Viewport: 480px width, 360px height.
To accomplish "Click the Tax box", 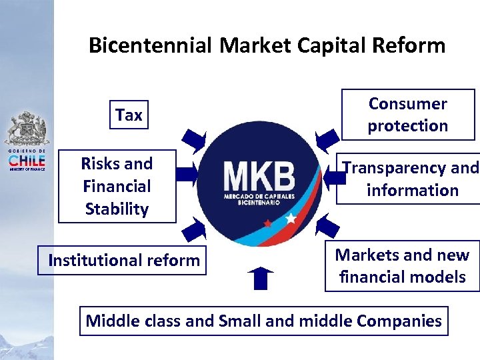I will pos(129,115).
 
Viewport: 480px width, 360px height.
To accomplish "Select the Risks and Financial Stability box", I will pos(116,186).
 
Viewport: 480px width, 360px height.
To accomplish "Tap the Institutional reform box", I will pos(123,260).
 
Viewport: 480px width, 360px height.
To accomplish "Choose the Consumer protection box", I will pos(407,115).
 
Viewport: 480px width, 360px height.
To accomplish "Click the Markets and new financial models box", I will pos(402,265).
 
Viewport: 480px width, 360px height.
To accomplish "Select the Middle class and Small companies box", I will pos(263,321).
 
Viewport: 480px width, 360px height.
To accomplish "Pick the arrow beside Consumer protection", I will pos(327,139).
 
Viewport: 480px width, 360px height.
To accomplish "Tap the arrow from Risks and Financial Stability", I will pos(189,175).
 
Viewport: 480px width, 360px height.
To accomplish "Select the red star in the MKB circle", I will pos(267,223).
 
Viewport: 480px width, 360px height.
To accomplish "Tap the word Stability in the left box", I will pos(116,209).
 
